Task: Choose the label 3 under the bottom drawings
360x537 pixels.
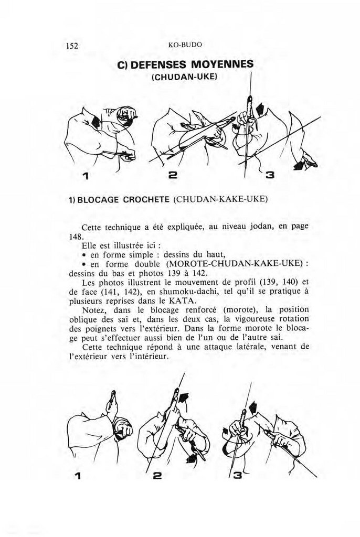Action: tap(237, 476)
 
